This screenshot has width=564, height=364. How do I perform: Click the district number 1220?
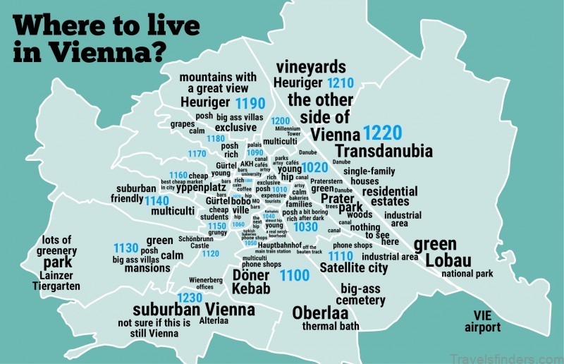pyautogui.click(x=382, y=133)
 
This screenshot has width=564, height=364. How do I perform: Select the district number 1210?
pyautogui.click(x=341, y=83)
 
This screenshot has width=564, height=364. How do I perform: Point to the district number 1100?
pyautogui.click(x=295, y=276)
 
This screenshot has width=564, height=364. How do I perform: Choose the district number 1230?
pyautogui.click(x=190, y=298)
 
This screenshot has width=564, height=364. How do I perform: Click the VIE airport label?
pyautogui.click(x=482, y=322)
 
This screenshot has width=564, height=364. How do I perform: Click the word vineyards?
pyautogui.click(x=311, y=67)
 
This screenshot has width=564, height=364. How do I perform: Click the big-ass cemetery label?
pyautogui.click(x=362, y=295)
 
